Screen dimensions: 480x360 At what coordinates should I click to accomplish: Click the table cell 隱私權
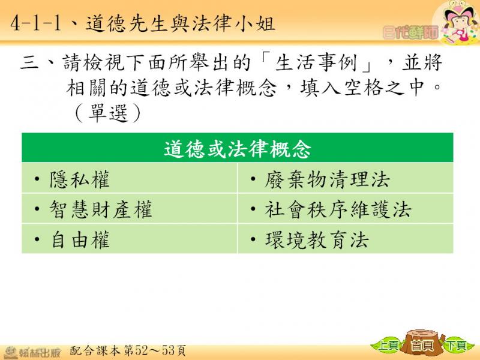coord(130,178)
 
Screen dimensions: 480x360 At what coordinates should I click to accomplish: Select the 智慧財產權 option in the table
coord(130,208)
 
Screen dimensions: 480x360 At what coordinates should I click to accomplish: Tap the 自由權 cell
coord(130,239)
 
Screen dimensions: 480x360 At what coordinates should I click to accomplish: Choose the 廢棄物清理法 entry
coord(346,178)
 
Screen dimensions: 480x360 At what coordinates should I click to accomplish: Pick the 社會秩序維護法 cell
coord(346,208)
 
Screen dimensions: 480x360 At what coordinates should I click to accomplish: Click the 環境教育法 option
coord(346,239)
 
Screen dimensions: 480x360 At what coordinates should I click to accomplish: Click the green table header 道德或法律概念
coord(238,148)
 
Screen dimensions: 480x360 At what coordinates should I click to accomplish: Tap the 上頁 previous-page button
coord(387,346)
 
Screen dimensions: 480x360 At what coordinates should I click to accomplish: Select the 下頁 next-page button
coord(457,346)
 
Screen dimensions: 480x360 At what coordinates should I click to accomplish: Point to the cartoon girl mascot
coord(457,22)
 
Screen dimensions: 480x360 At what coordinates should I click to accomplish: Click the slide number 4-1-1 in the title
coord(36,23)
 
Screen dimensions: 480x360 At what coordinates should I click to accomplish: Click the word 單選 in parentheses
coord(108,113)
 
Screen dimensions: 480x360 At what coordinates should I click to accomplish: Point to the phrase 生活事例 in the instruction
coord(316,62)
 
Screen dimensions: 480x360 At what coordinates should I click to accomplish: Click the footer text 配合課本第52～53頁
coord(128,350)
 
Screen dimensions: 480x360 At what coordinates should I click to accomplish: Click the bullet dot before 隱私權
coord(37,178)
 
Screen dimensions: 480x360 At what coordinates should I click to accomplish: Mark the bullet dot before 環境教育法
coord(253,239)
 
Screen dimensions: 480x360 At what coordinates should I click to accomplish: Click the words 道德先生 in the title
coord(127,23)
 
